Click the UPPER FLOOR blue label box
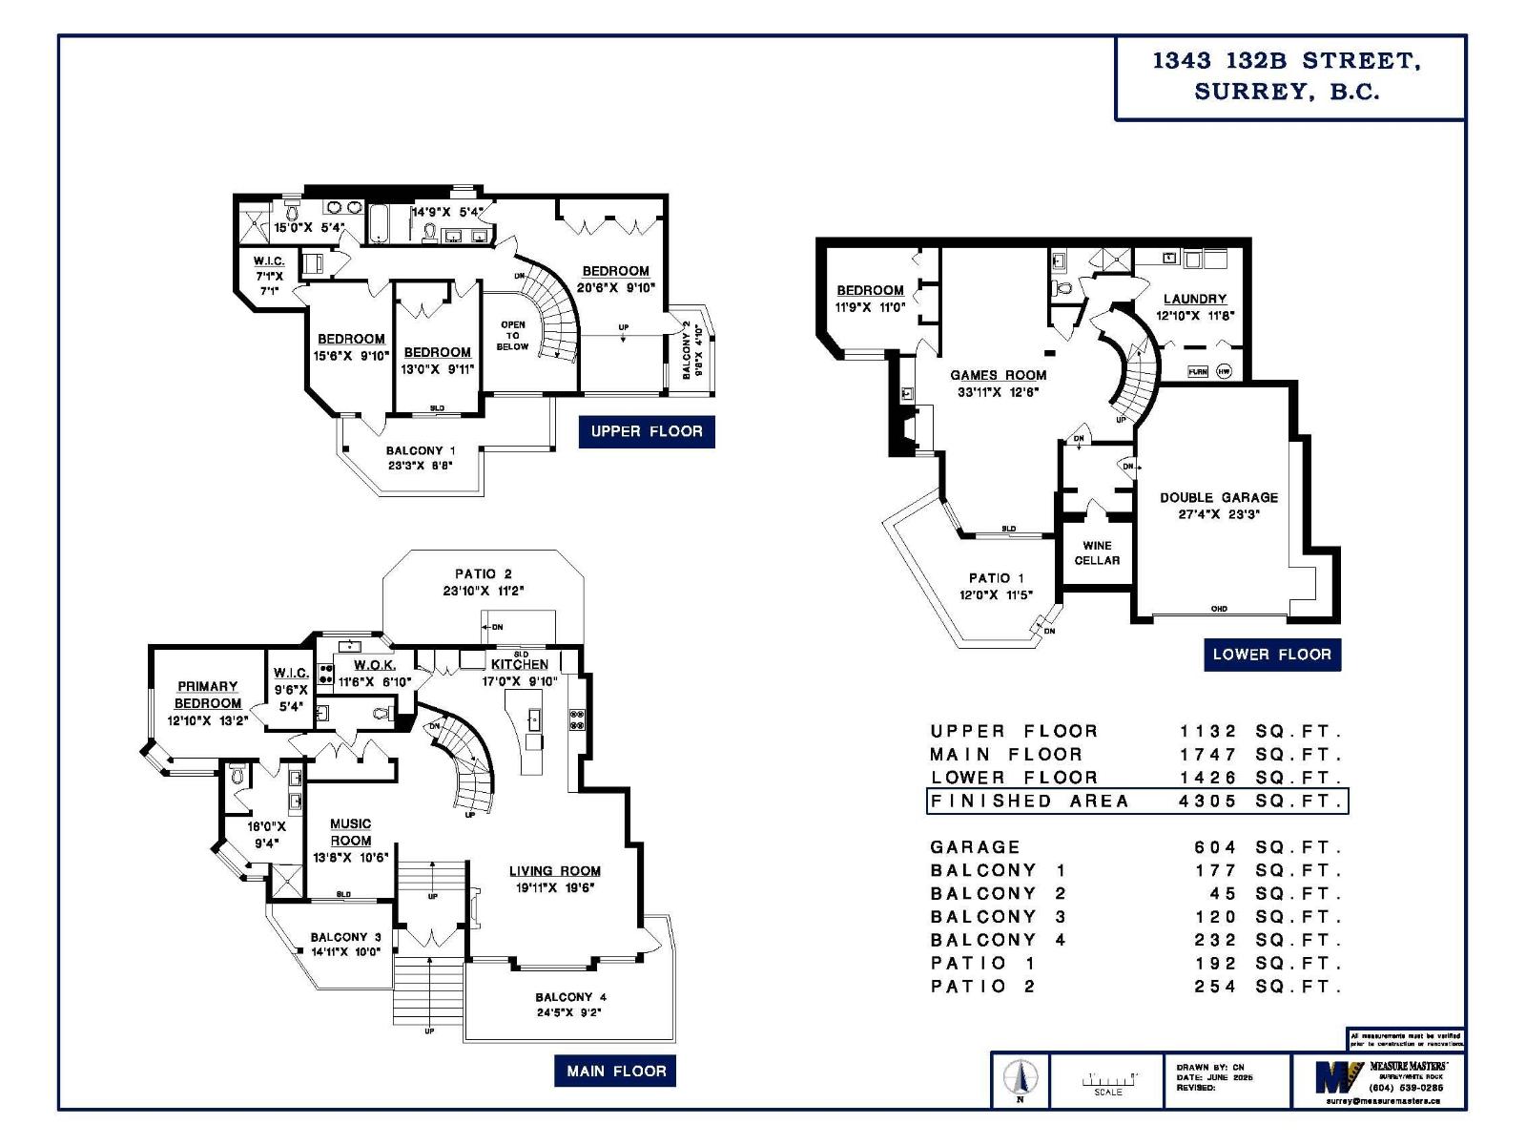pos(646,431)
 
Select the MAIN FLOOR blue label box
pos(615,1071)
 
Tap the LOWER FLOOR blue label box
pos(1271,655)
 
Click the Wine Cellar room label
pos(1097,553)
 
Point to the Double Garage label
pos(1219,498)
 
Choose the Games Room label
pos(998,376)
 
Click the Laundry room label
pos(1194,299)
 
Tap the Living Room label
pos(554,871)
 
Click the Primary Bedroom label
pos(207,695)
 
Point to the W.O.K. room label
pos(374,665)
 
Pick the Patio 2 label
pos(483,574)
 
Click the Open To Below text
pos(512,335)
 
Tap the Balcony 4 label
pos(570,997)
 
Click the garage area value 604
pos(1214,847)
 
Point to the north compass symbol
pos(1020,1079)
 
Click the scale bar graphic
pos(1108,1080)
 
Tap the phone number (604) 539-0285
pos(1405,1088)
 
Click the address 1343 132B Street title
pos(1287,61)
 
